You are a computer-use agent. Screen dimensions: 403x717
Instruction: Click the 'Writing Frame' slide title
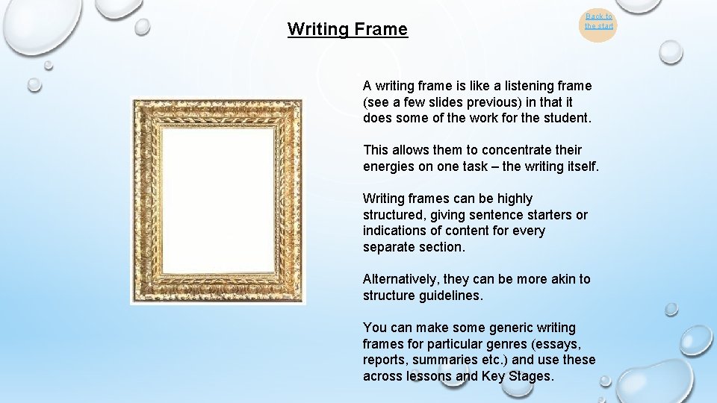coord(347,30)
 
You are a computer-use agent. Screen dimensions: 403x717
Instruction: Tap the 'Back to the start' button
coord(598,22)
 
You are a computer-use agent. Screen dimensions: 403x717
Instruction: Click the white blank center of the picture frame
coord(218,201)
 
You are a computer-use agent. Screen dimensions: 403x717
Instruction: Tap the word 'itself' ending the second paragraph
coord(580,166)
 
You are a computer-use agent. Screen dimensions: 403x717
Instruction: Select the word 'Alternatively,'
coord(401,279)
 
